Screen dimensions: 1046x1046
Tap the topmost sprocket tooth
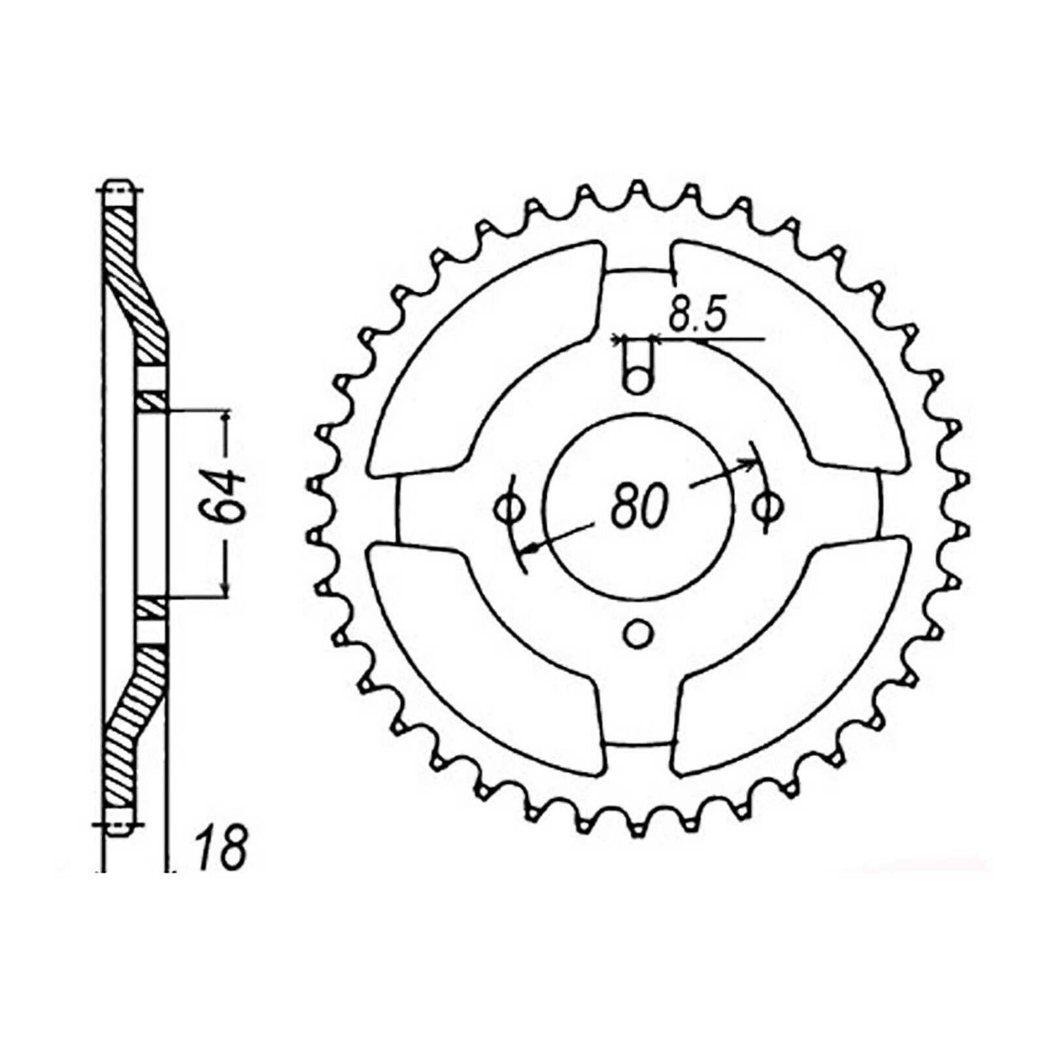[638, 190]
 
